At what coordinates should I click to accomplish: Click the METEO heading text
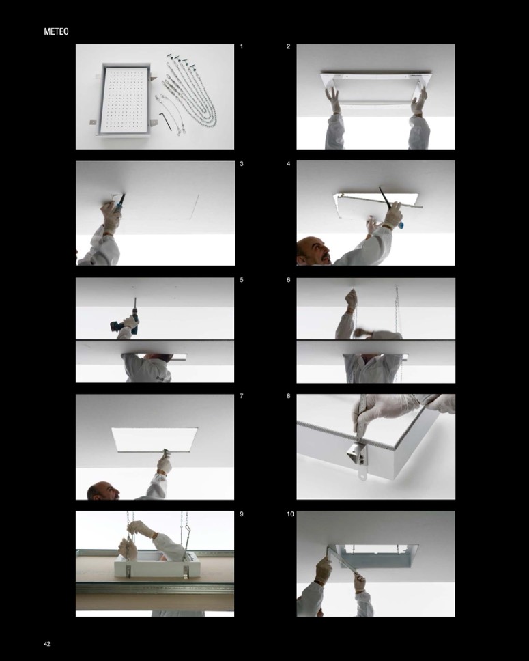[x=56, y=31]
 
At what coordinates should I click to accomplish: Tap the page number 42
[x=47, y=644]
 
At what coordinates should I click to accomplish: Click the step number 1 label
[x=242, y=47]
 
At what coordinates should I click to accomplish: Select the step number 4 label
[x=288, y=164]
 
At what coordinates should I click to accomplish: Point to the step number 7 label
[x=242, y=396]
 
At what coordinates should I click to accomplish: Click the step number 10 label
[x=290, y=514]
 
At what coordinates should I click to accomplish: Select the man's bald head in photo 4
[x=313, y=251]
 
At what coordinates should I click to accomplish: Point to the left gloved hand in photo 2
[x=332, y=99]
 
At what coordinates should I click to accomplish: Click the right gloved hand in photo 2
[x=418, y=101]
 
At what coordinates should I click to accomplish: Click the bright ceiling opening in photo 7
[x=154, y=440]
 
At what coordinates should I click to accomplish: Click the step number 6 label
[x=288, y=280]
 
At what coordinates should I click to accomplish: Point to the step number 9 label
[x=242, y=514]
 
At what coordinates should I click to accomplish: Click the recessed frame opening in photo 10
[x=373, y=555]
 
